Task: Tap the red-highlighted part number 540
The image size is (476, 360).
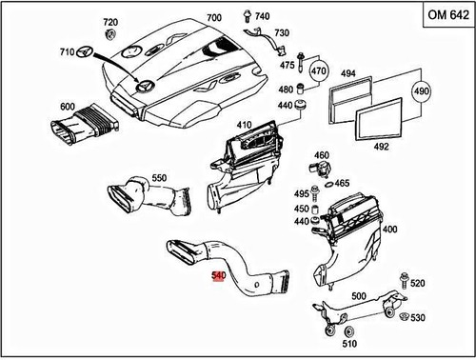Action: (x=218, y=277)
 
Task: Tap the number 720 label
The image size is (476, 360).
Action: (x=109, y=21)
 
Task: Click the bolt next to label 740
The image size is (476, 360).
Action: (x=245, y=16)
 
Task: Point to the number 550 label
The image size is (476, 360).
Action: (x=159, y=177)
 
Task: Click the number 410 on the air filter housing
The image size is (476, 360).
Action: (x=244, y=124)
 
